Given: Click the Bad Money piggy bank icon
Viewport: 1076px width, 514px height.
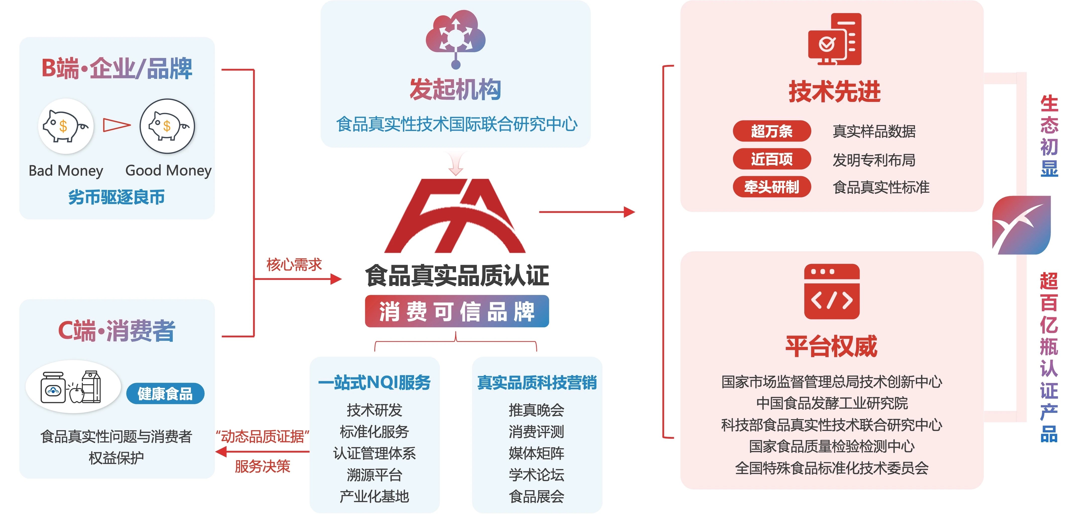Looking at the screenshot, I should (66, 126).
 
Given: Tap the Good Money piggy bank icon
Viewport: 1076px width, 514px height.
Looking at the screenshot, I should (167, 126).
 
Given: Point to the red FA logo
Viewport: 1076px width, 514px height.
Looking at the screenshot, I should (455, 216).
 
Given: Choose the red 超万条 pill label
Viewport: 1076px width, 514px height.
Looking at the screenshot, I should (771, 131).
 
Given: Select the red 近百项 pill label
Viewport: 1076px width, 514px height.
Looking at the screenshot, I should (771, 159).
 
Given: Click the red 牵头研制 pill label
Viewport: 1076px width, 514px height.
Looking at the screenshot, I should (771, 187).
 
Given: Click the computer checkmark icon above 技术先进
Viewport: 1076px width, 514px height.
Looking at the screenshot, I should (835, 40).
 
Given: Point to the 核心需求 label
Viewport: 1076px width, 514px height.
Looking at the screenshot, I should (294, 264).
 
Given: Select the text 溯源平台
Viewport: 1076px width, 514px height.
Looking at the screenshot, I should (374, 475).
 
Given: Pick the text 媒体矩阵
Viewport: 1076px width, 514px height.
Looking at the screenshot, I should (536, 453).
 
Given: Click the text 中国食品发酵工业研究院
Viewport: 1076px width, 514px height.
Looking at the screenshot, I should (832, 403).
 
